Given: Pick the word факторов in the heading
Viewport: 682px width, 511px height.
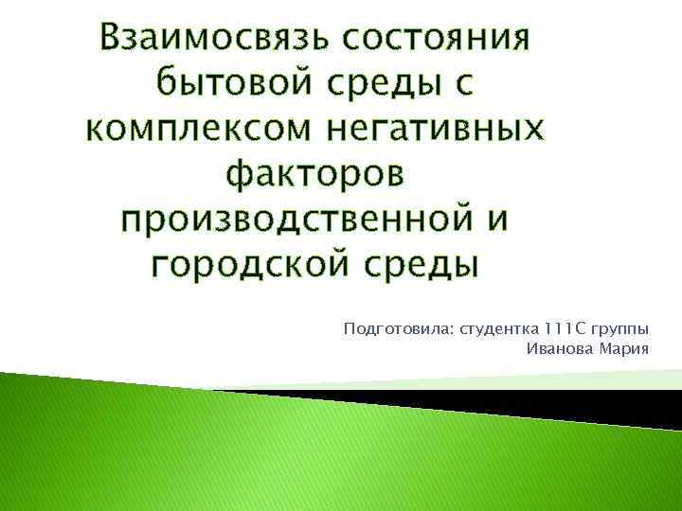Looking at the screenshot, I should pyautogui.click(x=314, y=175).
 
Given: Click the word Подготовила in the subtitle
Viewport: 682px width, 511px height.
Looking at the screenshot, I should pyautogui.click(x=397, y=329).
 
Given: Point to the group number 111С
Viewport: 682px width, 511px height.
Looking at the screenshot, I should pyautogui.click(x=566, y=329).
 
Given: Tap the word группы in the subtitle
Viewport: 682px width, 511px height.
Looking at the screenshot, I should pyautogui.click(x=620, y=330).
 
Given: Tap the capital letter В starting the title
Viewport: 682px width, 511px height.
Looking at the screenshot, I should pyautogui.click(x=117, y=39).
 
